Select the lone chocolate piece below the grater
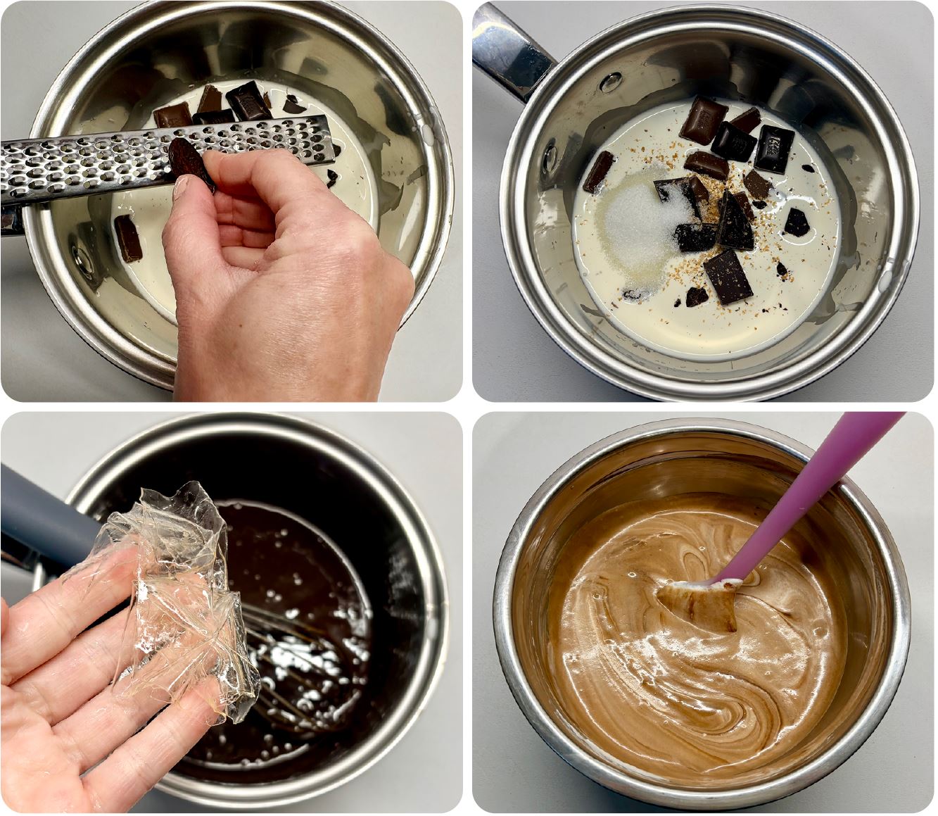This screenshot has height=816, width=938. [x=128, y=238]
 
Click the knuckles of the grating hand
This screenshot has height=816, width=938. [x=296, y=232]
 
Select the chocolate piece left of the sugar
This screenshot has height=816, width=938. [x=597, y=171]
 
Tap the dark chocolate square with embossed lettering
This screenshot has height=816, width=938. [x=774, y=149]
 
